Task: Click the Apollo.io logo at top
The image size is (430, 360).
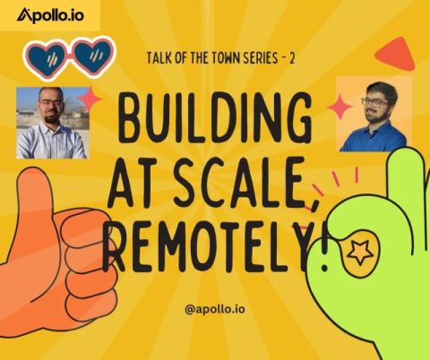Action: coord(50,15)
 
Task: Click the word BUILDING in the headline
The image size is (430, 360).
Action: coord(215,119)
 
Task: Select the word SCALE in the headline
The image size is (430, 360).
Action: coord(237,183)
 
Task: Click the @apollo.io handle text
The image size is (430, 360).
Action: coord(215,309)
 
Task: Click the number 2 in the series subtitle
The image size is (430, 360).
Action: coord(291,58)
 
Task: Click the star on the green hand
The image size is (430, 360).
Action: coord(359,253)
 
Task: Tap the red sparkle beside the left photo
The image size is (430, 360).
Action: coord(89,99)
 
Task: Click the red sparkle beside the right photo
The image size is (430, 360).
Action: coord(340,107)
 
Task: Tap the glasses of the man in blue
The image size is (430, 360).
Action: coord(374,102)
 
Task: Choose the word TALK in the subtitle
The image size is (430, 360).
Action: coord(159,58)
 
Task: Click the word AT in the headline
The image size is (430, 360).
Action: coord(133,183)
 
